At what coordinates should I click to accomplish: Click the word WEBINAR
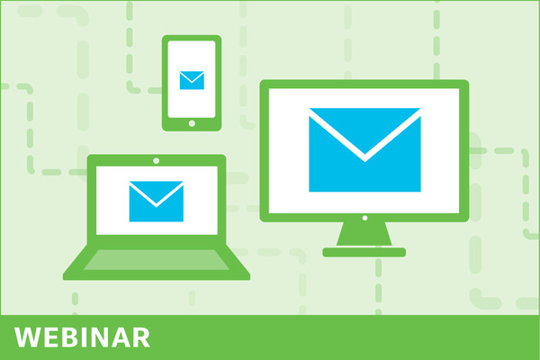(x=82, y=337)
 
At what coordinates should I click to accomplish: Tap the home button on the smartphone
(x=192, y=123)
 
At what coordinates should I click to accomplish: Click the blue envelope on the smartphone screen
(x=192, y=80)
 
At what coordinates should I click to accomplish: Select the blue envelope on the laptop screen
(x=157, y=202)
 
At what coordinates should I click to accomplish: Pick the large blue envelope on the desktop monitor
(x=364, y=150)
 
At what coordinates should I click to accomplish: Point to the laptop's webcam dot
(x=156, y=160)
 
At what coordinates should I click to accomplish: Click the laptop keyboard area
(x=157, y=260)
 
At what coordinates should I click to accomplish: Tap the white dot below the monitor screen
(x=364, y=218)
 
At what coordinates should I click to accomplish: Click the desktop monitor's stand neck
(x=364, y=234)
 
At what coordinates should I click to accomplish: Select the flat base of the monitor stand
(x=364, y=252)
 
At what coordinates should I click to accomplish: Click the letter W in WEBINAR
(x=28, y=337)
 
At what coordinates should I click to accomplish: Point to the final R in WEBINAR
(x=140, y=337)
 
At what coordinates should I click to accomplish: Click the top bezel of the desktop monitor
(x=364, y=84)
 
